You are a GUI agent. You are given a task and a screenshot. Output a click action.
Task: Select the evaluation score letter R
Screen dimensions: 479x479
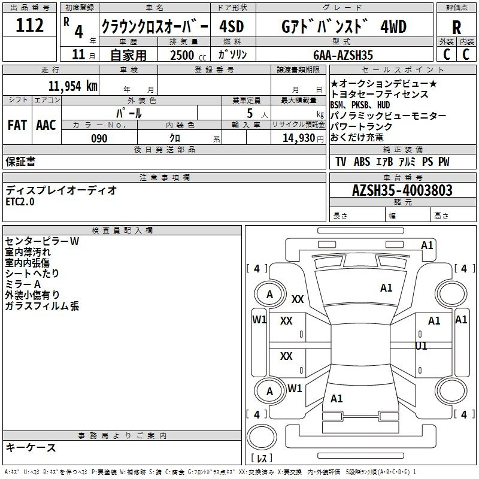pyautogui.click(x=456, y=27)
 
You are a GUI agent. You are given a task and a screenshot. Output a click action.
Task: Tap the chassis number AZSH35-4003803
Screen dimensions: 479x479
pyautogui.click(x=402, y=190)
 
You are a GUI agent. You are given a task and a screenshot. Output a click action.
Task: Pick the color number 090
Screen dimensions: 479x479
pyautogui.click(x=99, y=138)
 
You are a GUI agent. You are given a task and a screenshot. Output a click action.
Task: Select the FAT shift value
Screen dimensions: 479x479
pyautogui.click(x=17, y=125)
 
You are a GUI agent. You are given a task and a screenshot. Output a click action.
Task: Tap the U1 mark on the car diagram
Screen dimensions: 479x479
pyautogui.click(x=422, y=345)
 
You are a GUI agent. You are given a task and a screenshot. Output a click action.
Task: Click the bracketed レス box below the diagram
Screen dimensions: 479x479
pyautogui.click(x=261, y=458)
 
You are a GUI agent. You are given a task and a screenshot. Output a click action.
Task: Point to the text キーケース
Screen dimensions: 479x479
pyautogui.click(x=31, y=447)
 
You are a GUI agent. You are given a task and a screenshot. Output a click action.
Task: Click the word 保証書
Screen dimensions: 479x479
pyautogui.click(x=20, y=161)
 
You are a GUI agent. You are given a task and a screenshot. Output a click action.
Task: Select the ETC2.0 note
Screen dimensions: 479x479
pyautogui.click(x=20, y=202)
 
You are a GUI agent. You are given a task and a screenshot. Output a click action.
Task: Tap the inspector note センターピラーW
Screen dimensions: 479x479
pyautogui.click(x=42, y=241)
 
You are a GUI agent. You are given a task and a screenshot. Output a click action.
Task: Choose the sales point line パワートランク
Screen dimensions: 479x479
pyautogui.click(x=362, y=127)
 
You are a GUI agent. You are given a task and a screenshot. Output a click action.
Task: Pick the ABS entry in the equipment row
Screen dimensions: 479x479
pyautogui.click(x=362, y=162)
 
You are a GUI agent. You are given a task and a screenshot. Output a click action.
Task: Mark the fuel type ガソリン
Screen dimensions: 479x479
pyautogui.click(x=232, y=54)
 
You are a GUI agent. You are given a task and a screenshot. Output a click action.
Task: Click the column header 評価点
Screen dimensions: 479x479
pyautogui.click(x=456, y=8)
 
